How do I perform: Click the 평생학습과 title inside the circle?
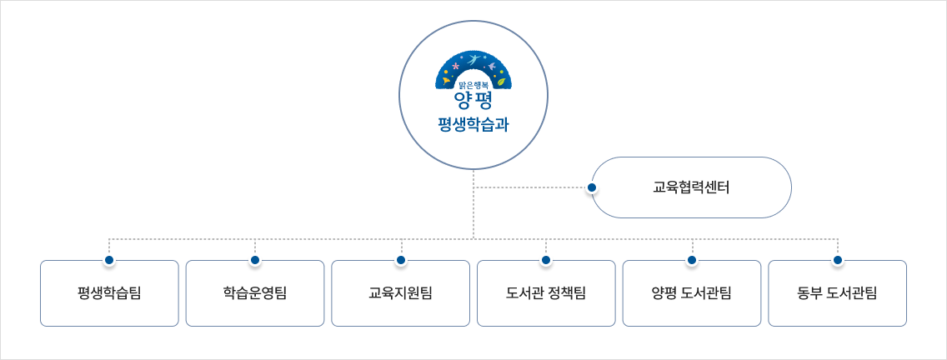[473, 125]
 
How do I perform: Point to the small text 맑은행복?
[473, 83]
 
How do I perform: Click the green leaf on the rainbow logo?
[500, 81]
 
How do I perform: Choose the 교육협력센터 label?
[691, 187]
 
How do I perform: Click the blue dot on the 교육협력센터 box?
[592, 187]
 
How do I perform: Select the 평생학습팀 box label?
[109, 293]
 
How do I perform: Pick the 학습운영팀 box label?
[255, 293]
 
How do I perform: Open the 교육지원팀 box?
[400, 293]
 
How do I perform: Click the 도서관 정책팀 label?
[546, 293]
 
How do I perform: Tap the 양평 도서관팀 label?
[691, 293]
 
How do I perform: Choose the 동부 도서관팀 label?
[837, 293]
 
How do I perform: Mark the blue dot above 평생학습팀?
[109, 261]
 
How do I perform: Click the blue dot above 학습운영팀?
[255, 261]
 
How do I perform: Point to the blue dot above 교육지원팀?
[400, 261]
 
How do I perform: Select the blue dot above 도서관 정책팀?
[546, 261]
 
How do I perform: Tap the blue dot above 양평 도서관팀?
[691, 261]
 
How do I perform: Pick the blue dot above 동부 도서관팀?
[837, 261]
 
